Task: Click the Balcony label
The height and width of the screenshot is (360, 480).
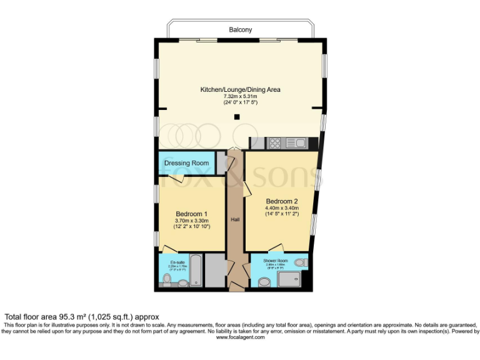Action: tap(240, 29)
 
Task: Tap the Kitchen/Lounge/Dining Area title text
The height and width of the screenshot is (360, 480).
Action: tap(240, 89)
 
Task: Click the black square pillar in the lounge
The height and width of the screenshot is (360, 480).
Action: tap(237, 117)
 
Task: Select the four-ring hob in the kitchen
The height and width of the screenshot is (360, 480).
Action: tap(275, 143)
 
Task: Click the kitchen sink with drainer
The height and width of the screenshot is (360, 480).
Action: tap(296, 143)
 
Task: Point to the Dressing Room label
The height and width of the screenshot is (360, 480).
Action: tap(186, 163)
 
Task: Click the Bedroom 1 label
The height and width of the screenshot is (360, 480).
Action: tap(191, 213)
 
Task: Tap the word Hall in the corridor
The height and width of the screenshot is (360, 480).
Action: tap(235, 220)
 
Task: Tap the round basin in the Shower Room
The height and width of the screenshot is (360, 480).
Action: tap(264, 282)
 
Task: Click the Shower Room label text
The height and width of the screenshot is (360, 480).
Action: tap(275, 260)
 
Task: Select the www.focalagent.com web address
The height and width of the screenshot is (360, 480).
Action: tap(240, 337)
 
